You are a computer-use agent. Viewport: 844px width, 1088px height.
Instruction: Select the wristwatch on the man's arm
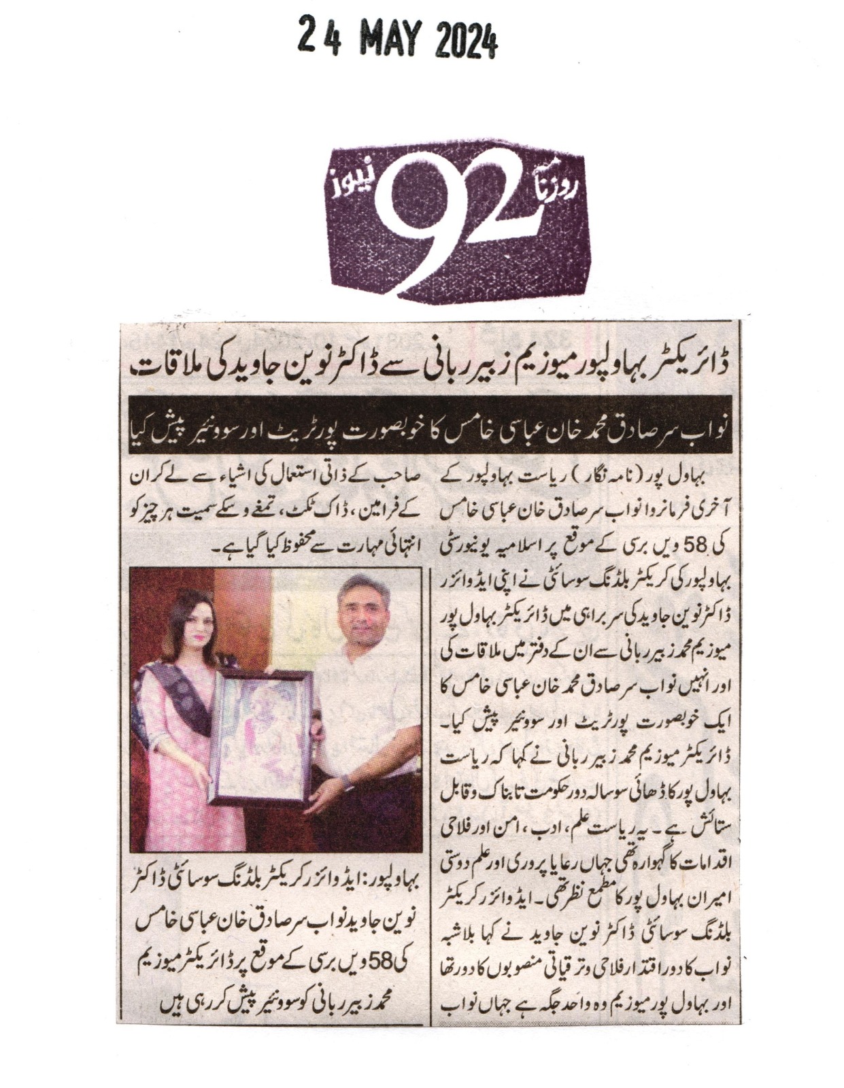[348, 783]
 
